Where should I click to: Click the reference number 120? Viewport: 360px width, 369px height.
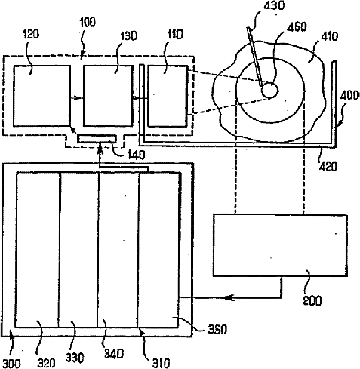(31, 34)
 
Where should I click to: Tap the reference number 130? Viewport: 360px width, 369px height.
(129, 36)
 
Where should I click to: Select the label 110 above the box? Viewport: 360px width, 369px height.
(175, 35)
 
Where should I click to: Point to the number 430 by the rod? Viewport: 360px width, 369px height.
(274, 5)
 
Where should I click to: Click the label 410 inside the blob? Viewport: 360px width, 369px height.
(330, 36)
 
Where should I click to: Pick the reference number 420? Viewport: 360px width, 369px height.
(328, 166)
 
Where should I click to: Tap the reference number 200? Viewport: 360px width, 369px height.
(312, 301)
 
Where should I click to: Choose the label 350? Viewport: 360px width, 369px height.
(218, 329)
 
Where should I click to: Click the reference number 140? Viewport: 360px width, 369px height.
(137, 155)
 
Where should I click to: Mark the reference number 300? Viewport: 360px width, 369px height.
(12, 364)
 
